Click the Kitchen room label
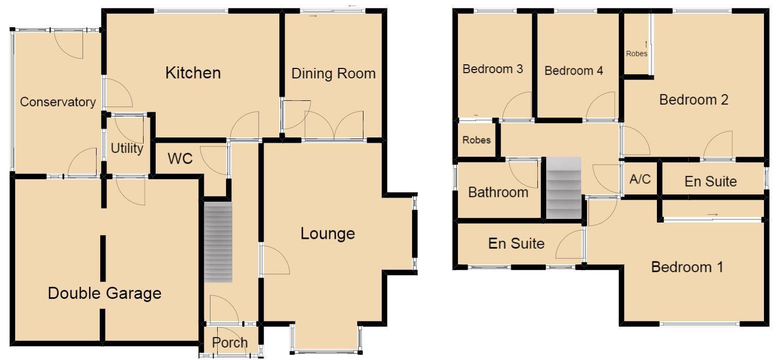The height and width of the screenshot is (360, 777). tap(193, 73)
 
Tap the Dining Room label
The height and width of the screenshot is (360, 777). tap(333, 74)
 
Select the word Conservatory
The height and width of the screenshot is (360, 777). tap(57, 102)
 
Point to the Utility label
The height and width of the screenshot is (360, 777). tap(127, 149)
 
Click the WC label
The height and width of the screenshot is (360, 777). tap(180, 159)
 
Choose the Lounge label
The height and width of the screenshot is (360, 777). tap(327, 234)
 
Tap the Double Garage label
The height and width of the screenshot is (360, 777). tap(104, 294)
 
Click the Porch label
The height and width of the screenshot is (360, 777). tap(230, 343)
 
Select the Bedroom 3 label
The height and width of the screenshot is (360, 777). tap(493, 69)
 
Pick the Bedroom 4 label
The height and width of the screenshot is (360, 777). tap(573, 71)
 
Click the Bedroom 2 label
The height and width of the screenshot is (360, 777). tap(693, 99)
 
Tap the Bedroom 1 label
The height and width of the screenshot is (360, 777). tap(687, 268)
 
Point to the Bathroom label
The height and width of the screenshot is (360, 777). tap(498, 192)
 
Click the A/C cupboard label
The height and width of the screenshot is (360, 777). tap(640, 179)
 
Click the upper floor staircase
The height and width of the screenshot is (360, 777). tap(563, 188)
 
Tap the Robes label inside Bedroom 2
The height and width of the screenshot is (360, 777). tap(637, 53)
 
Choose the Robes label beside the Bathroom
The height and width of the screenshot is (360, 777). tap(476, 140)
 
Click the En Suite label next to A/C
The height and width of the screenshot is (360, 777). tap(710, 181)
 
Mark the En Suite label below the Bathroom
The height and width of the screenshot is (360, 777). tap(516, 243)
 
